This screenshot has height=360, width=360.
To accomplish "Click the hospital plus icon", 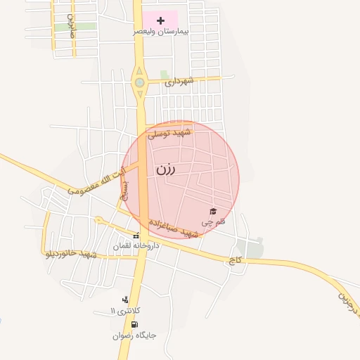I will [x=160, y=20].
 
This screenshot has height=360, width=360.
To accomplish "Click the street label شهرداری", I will [x=179, y=82].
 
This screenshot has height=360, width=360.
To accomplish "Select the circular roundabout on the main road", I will [x=139, y=82].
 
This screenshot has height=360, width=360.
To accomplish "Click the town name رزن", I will [x=165, y=169].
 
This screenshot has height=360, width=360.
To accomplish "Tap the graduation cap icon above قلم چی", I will [x=213, y=211].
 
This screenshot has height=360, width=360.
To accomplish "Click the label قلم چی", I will [x=213, y=221].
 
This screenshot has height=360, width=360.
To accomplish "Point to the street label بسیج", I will [x=125, y=190].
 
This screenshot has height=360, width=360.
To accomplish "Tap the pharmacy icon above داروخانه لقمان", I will [x=136, y=236].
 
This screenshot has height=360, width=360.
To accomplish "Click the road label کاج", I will [x=233, y=260].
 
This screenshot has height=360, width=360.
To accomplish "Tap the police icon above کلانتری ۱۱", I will [x=126, y=300].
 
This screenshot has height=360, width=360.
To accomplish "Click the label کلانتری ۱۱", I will [x=126, y=311].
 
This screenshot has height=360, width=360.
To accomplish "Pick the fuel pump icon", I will [x=134, y=324].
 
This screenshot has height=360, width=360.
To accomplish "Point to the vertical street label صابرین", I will [x=71, y=26].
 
